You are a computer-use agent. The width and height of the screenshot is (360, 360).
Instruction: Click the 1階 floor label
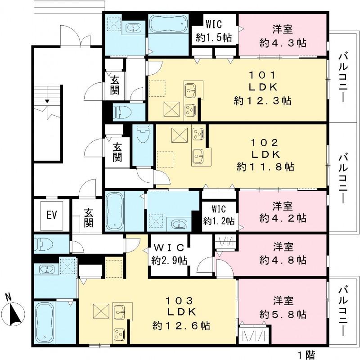pos(306,354)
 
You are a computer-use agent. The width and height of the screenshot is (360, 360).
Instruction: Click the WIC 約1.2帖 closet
pos(218,215)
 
